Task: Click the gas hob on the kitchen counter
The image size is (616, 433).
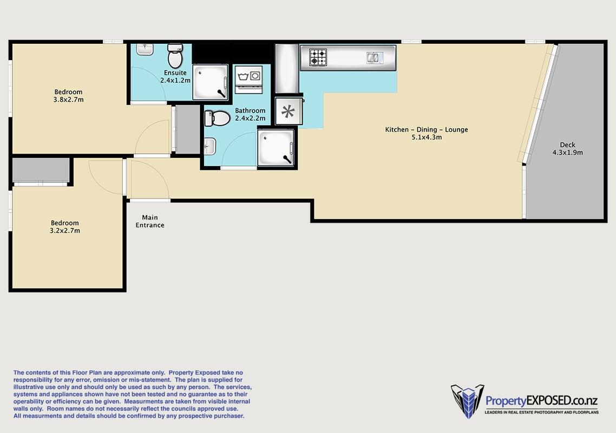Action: coord(318,57)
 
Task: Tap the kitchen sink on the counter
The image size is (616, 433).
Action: coord(375,58)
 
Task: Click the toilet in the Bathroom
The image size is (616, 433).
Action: coord(217,119)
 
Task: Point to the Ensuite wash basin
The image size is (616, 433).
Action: coord(145,49)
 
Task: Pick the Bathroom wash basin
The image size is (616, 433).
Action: coord(210,147)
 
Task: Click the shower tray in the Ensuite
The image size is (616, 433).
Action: coord(210,82)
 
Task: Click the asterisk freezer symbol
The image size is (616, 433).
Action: coord(289,111)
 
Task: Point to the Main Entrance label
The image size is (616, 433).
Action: coord(150,221)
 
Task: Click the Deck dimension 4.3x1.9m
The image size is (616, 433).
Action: coord(568,153)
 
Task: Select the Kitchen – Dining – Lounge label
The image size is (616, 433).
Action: coord(427,130)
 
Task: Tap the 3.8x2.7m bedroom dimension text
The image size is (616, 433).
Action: coord(68,100)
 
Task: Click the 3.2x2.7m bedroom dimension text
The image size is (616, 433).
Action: coord(65,231)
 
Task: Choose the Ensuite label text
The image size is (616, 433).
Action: coord(175,73)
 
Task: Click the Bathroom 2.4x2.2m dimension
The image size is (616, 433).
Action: coord(250,119)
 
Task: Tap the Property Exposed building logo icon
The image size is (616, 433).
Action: coord(468,401)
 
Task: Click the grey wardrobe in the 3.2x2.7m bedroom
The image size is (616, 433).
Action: coord(41,170)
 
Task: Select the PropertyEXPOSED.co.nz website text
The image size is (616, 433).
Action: coord(542,401)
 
